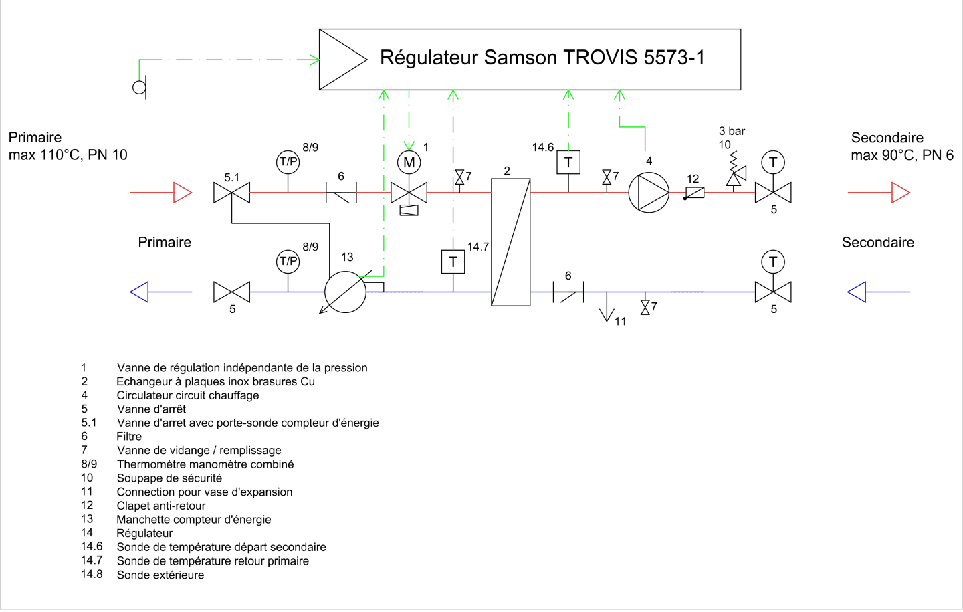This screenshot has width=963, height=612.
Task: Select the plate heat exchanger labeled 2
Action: [511, 242]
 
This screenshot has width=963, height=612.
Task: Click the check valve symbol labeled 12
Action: [694, 193]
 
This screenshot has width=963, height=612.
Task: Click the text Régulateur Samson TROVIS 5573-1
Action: [542, 58]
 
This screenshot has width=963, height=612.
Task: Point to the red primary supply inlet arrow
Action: [160, 192]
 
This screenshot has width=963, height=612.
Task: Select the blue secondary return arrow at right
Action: [879, 292]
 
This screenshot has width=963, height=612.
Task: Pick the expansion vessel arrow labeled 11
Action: [607, 306]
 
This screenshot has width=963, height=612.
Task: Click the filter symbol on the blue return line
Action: [568, 292]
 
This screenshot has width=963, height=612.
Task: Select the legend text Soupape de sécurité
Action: [169, 478]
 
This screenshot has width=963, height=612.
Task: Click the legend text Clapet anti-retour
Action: [160, 506]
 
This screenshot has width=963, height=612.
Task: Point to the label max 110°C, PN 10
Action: [68, 155]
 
